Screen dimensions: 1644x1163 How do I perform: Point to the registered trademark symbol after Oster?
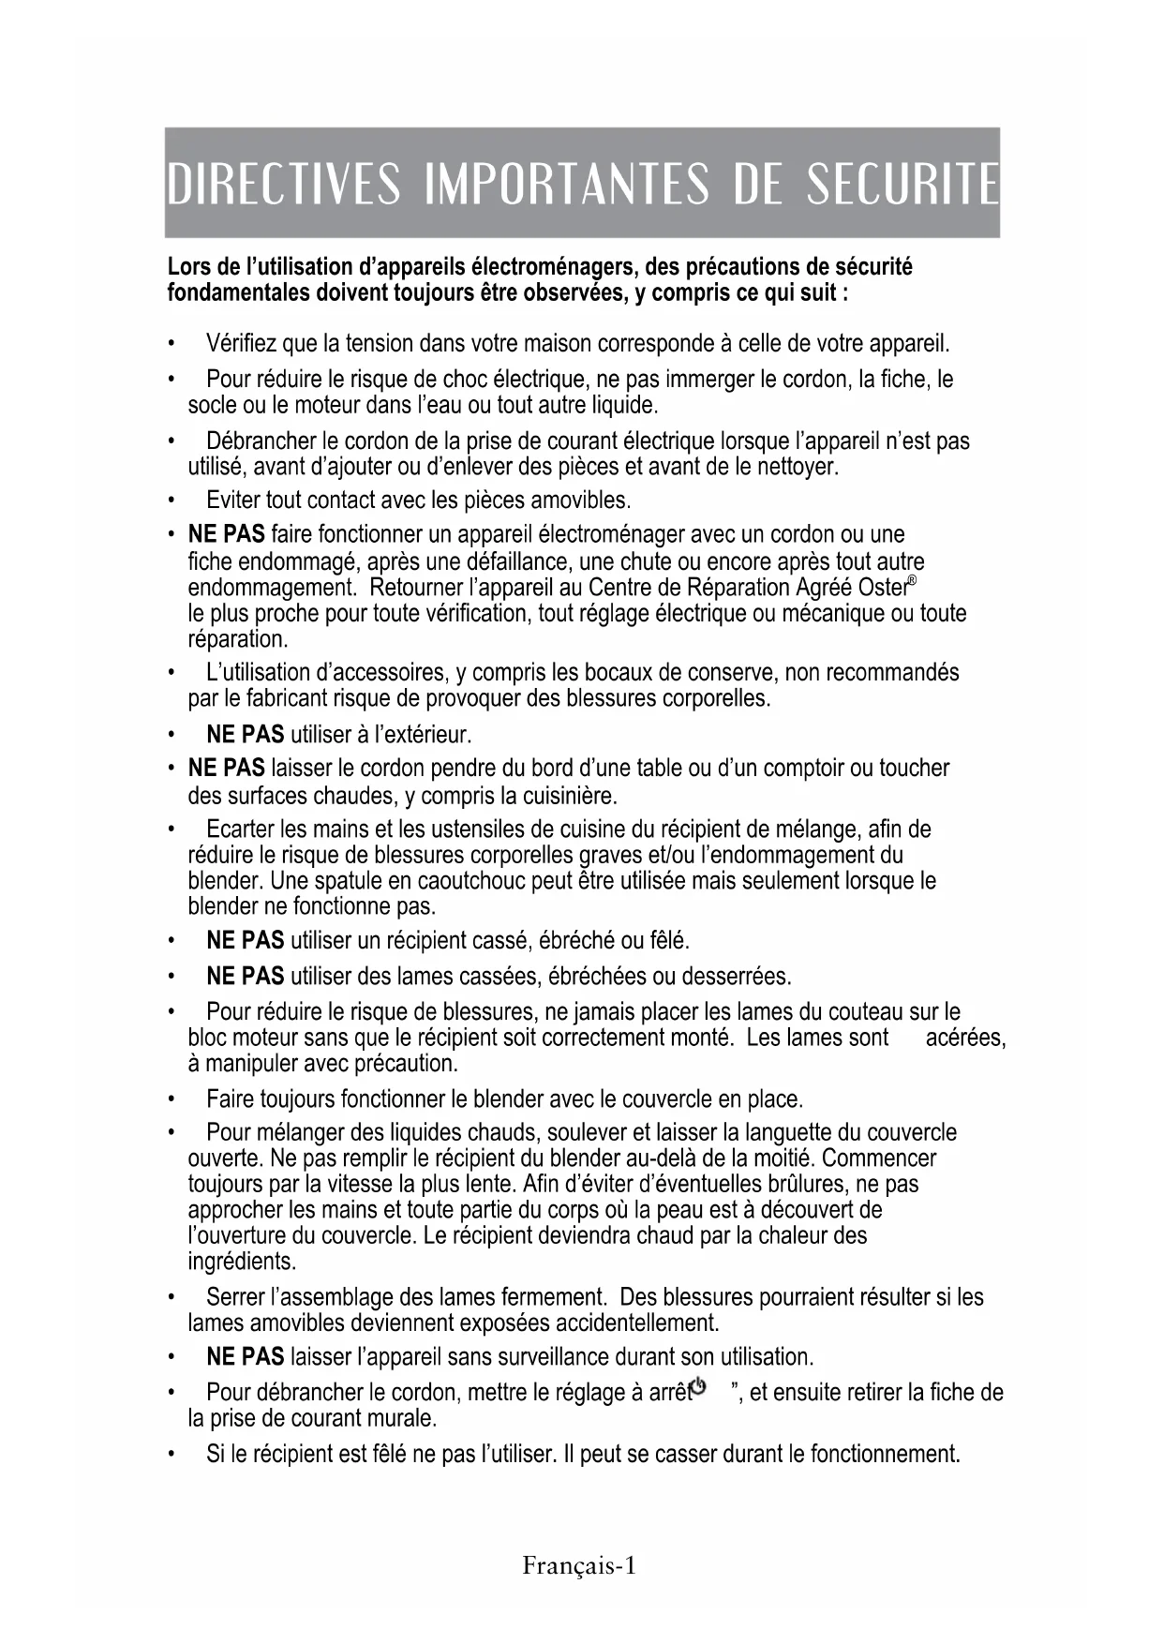pos(912,581)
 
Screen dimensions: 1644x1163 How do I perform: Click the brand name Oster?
pos(882,589)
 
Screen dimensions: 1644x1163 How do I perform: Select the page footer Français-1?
pos(579,1566)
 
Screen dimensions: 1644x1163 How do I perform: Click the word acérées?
pos(965,1039)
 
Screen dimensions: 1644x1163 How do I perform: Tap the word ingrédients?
pos(242,1262)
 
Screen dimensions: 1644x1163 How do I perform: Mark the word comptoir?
pos(807,769)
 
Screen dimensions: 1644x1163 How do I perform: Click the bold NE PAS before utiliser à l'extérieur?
pos(245,733)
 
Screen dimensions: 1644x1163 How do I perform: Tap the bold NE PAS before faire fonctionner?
pos(226,535)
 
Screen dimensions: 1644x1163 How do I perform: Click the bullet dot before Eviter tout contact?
pos(170,500)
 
